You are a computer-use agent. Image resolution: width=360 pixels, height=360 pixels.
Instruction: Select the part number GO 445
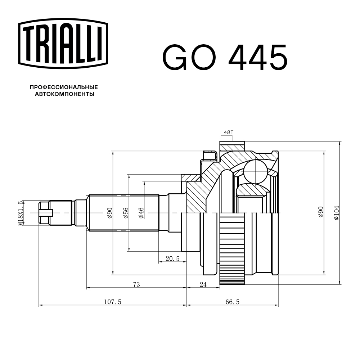225,58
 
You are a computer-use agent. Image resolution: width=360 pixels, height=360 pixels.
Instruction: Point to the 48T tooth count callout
228,132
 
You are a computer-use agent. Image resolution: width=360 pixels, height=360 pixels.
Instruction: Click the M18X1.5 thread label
21,213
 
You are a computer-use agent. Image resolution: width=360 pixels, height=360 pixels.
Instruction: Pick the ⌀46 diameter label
141,213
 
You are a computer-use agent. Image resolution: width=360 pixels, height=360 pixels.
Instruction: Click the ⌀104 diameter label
336,213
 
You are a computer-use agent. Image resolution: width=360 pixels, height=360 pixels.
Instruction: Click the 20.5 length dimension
172,258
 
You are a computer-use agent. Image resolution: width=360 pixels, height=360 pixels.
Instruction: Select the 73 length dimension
136,284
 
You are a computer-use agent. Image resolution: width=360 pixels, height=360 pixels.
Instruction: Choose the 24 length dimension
203,284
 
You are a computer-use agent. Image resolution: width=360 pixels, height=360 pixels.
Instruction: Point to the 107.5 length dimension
112,302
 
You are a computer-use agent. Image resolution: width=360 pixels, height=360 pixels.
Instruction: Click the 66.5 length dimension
232,302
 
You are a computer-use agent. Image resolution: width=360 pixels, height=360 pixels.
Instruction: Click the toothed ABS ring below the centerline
232,248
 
